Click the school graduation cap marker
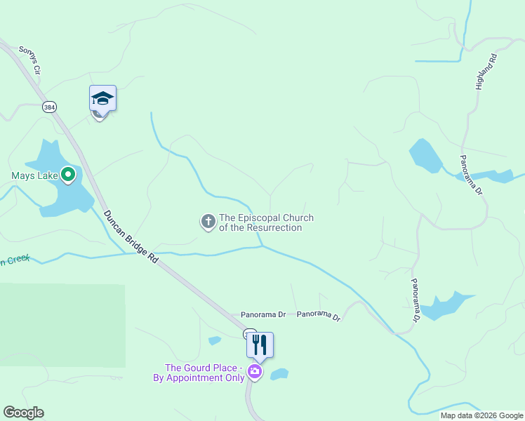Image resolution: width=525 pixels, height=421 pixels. tap(102, 99)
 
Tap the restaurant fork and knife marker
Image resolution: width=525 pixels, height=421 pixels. tap(260, 345)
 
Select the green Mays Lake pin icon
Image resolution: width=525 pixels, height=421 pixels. tap(68, 174)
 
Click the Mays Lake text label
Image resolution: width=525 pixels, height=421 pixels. tap(34, 175)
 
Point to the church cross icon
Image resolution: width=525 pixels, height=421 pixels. tap(208, 222)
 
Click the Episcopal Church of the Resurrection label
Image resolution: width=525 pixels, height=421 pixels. tap(266, 222)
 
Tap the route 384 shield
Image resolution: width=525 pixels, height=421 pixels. tap(49, 107)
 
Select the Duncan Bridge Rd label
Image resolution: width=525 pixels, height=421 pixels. tap(131, 236)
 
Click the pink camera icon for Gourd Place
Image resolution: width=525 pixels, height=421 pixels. tap(255, 372)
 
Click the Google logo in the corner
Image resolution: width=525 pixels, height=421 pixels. tap(23, 413)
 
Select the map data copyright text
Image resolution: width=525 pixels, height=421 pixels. tap(481, 415)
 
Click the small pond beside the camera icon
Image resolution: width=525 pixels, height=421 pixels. tap(279, 374)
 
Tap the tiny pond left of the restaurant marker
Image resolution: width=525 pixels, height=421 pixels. tap(215, 340)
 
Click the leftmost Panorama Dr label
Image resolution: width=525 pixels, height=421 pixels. tap(263, 315)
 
